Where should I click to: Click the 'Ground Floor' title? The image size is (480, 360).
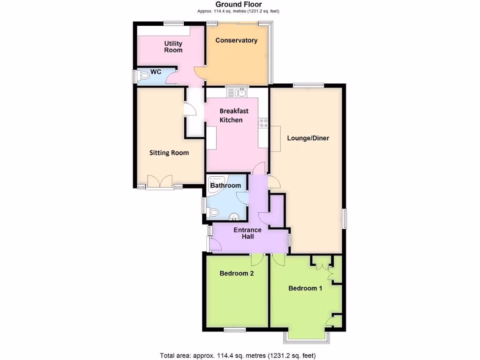(240, 5)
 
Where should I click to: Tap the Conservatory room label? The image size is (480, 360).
(236, 40)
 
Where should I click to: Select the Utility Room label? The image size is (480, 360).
(173, 47)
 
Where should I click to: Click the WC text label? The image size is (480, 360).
(156, 72)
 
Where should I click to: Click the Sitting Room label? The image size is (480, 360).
(169, 152)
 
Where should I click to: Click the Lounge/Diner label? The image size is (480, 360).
(308, 138)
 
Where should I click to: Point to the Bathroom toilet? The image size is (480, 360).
(214, 212)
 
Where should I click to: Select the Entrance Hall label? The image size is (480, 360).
(247, 233)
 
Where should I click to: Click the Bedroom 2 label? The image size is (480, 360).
(237, 273)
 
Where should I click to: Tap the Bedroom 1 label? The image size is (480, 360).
(305, 288)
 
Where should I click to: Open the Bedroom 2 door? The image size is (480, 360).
(257, 260)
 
